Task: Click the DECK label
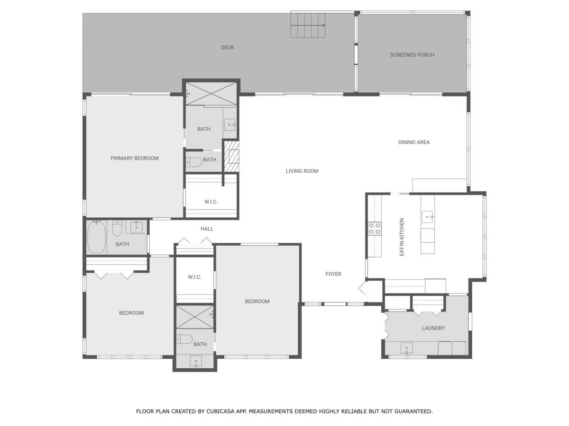tap(227, 48)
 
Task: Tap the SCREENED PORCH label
tap(412, 55)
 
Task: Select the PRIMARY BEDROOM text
tap(135, 158)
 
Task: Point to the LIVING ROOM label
tap(302, 171)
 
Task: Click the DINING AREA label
tap(414, 142)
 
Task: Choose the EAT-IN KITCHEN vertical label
tap(402, 237)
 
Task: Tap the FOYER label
tap(333, 274)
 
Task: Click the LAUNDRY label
tap(433, 328)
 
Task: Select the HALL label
tap(207, 229)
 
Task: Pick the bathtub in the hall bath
tap(96, 237)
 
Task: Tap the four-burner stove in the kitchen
tap(375, 229)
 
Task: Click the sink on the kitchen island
tap(427, 217)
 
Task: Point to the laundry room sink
tap(406, 348)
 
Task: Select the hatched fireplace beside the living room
tap(231, 156)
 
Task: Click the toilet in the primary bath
tap(193, 162)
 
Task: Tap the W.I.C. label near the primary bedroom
tap(211, 202)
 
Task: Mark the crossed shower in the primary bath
tap(211, 94)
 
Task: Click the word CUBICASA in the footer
tap(220, 411)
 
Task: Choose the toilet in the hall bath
tap(117, 228)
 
